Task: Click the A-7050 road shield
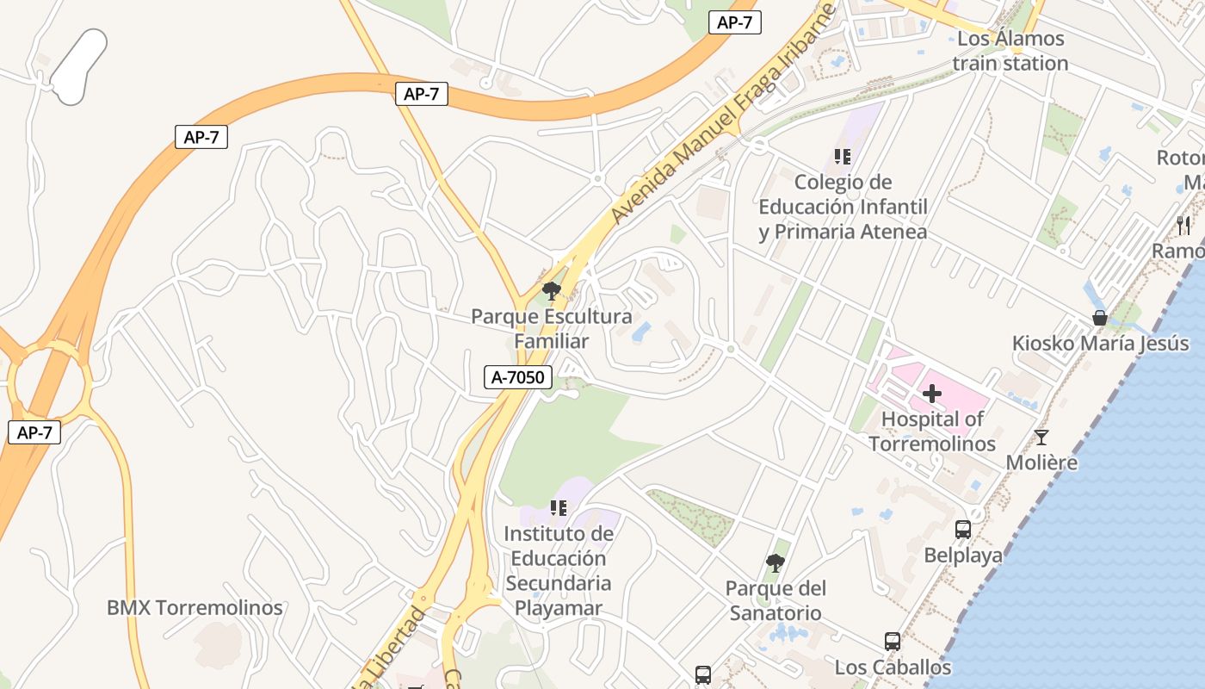click(x=517, y=377)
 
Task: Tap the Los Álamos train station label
click(x=1010, y=51)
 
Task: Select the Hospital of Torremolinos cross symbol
click(x=932, y=394)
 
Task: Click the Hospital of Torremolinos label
click(x=932, y=431)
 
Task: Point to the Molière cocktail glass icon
click(x=1041, y=438)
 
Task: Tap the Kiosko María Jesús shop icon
click(x=1099, y=318)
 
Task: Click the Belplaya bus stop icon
click(x=963, y=530)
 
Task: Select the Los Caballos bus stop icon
click(x=893, y=642)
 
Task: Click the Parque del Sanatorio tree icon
click(x=775, y=563)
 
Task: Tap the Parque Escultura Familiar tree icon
click(x=551, y=291)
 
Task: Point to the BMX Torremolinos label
click(x=195, y=607)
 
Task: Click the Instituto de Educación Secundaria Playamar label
click(x=559, y=571)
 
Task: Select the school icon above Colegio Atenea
click(x=843, y=157)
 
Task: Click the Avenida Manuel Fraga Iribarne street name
click(x=724, y=115)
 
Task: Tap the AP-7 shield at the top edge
click(x=734, y=23)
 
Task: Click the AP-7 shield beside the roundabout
click(x=34, y=432)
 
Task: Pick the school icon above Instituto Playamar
click(x=559, y=508)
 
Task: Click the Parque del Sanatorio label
click(x=775, y=601)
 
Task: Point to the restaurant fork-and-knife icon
click(x=1183, y=226)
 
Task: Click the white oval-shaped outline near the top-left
click(x=79, y=66)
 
